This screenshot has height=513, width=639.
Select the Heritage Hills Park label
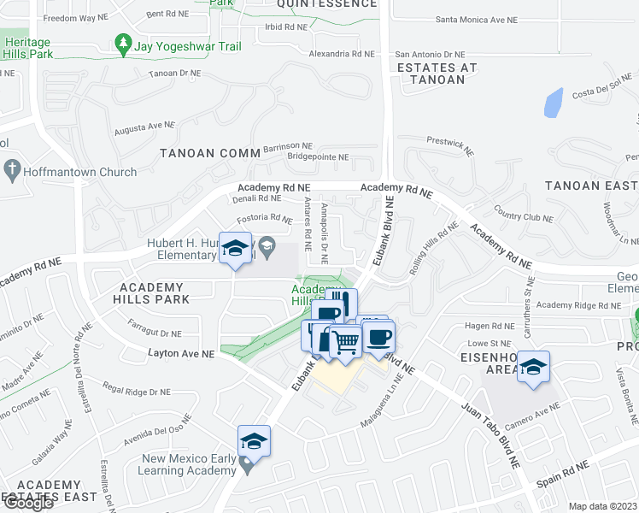(x=28, y=48)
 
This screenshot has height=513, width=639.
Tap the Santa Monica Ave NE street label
(x=477, y=19)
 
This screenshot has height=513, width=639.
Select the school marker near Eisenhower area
(x=534, y=368)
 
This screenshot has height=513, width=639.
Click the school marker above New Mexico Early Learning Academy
(x=254, y=442)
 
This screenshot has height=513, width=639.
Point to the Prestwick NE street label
(x=449, y=145)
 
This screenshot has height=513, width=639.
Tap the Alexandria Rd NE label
(x=341, y=53)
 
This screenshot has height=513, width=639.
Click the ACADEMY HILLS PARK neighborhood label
(x=152, y=293)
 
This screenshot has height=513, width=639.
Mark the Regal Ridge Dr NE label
(x=138, y=392)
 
